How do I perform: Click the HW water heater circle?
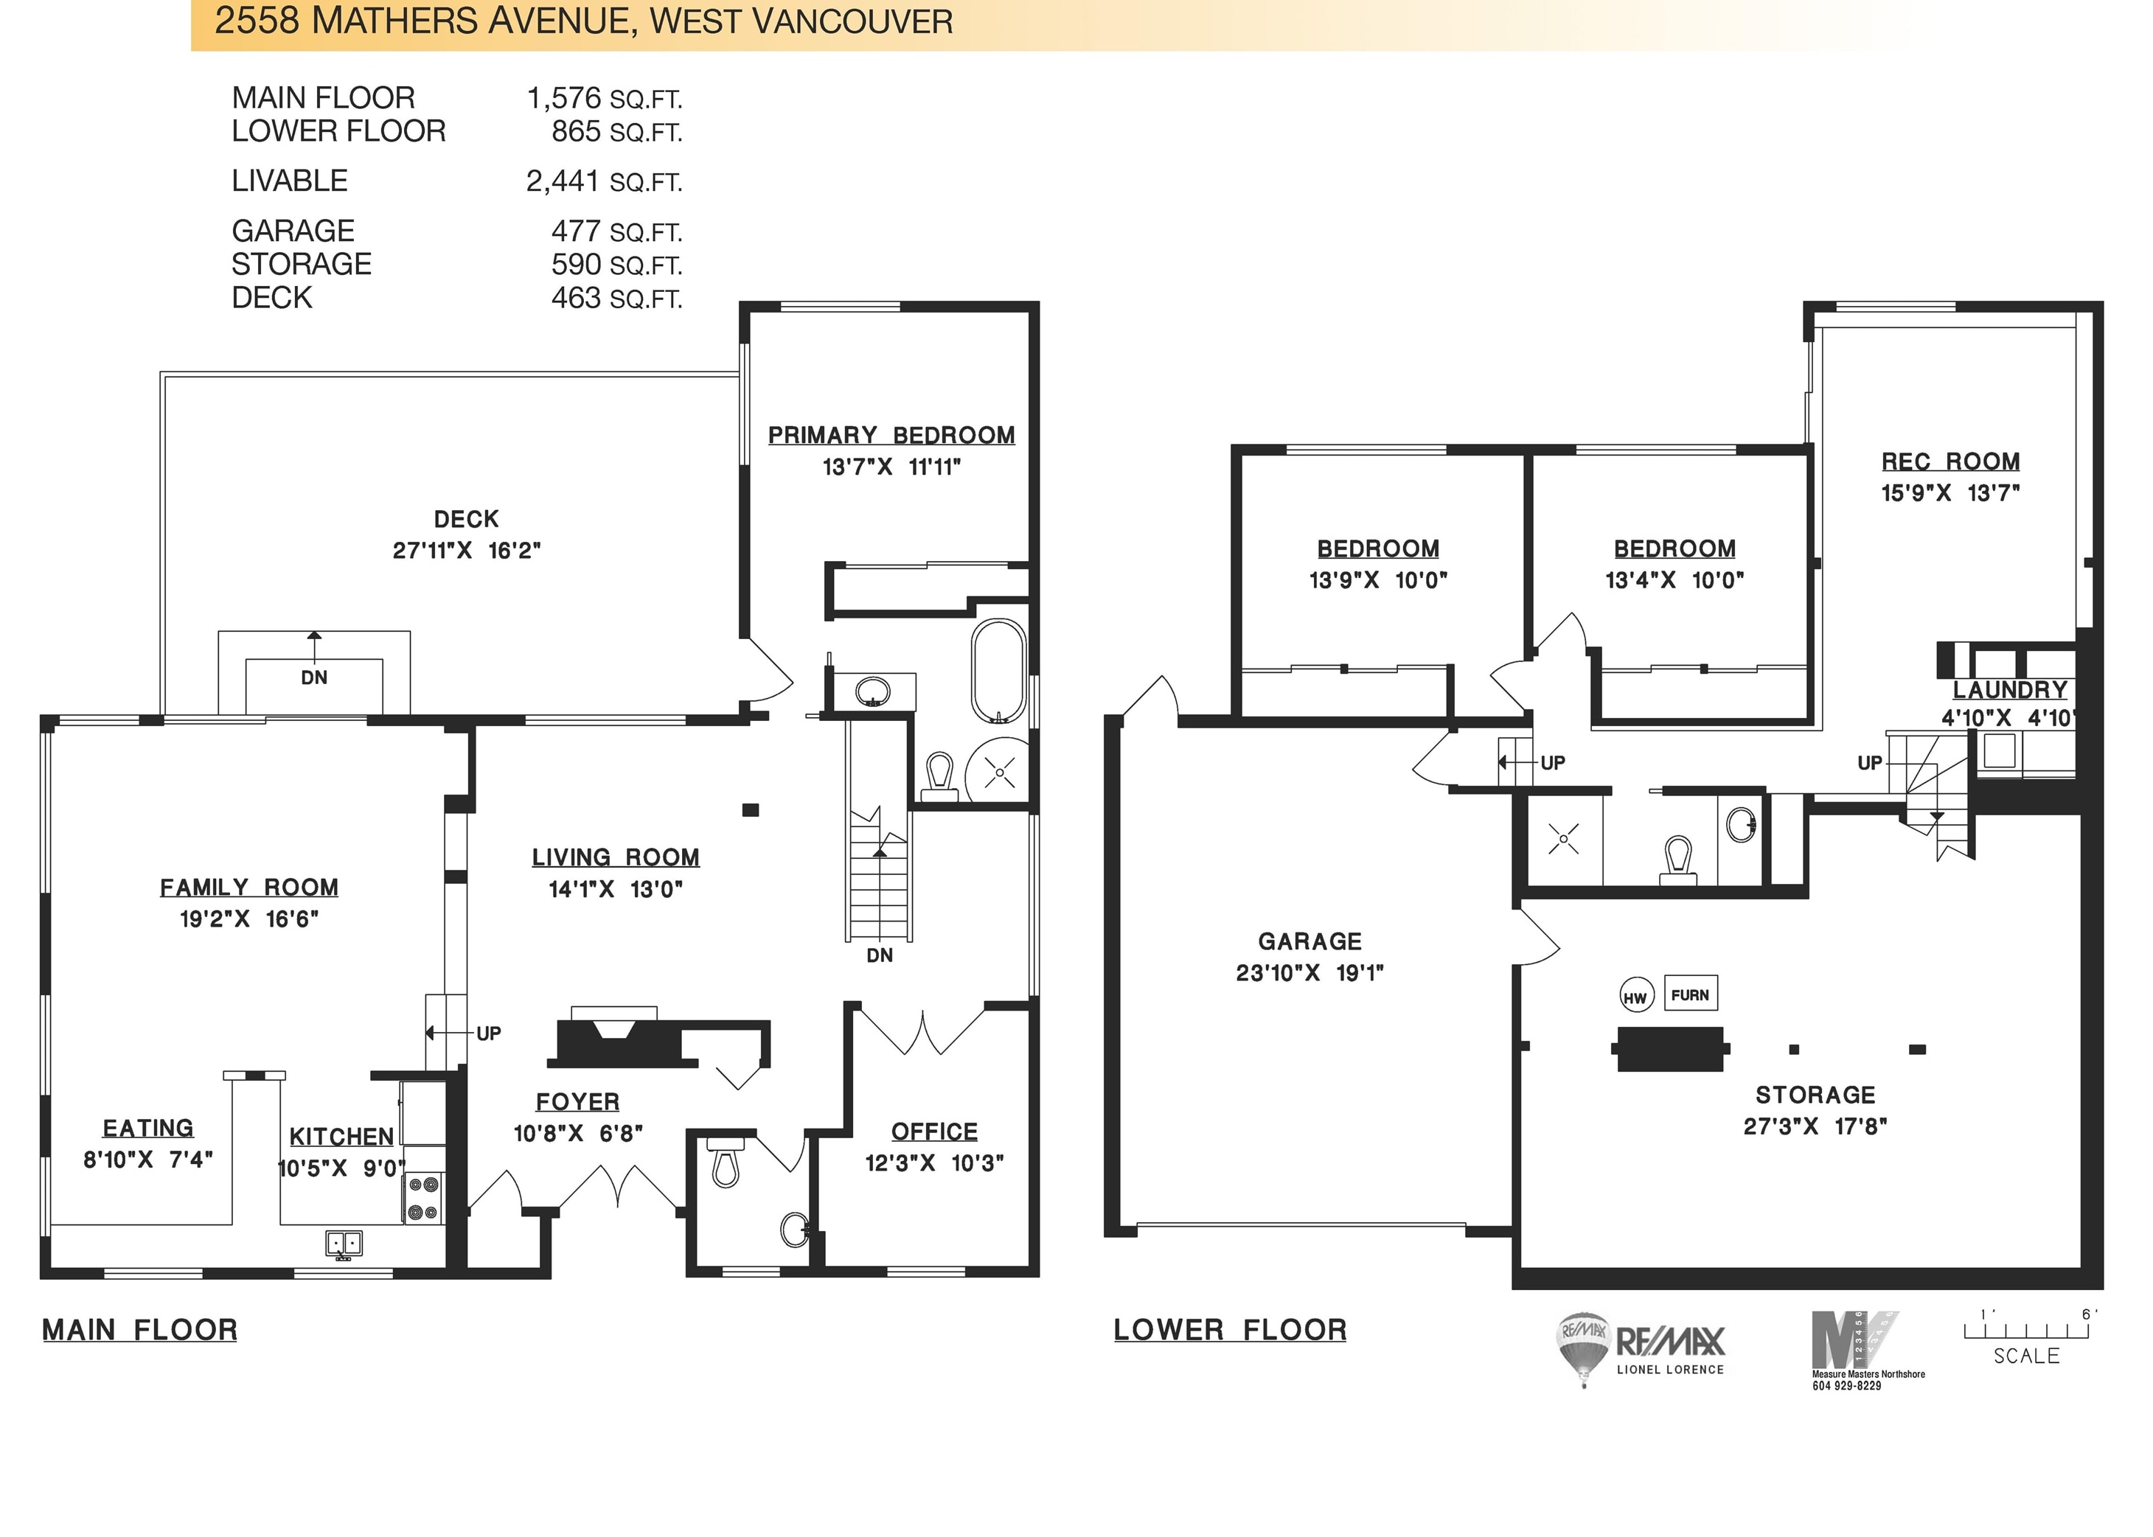(1635, 997)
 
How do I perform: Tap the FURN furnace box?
(1689, 994)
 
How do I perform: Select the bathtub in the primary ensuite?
(998, 670)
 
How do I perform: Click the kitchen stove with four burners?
(425, 1197)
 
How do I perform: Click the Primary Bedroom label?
(891, 436)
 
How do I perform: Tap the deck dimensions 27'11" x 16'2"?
(467, 550)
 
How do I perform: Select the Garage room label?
(1309, 941)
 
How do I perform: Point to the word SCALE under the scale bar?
(2026, 1355)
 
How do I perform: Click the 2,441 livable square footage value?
(563, 180)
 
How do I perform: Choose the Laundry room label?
(2010, 690)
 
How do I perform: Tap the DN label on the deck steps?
(314, 677)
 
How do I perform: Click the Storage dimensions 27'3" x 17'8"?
(1815, 1126)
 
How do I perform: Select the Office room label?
(934, 1132)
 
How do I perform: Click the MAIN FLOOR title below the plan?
(140, 1330)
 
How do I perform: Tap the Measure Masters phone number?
(1846, 1386)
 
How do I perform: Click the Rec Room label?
(1950, 462)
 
